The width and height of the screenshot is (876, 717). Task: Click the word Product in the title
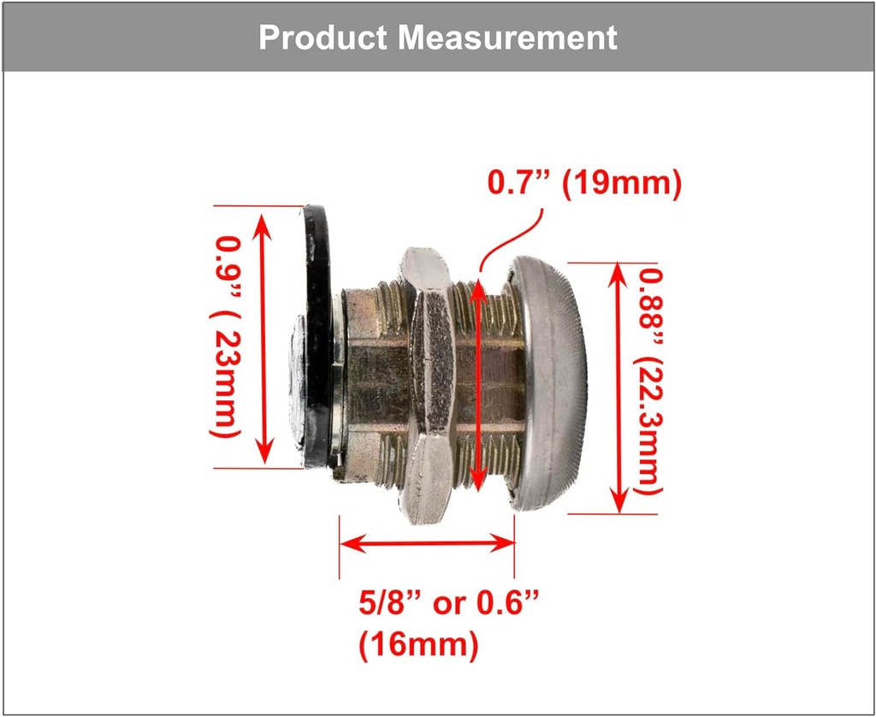tap(323, 38)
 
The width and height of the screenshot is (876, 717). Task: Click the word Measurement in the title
tap(508, 38)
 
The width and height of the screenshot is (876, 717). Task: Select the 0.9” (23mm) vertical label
tap(225, 336)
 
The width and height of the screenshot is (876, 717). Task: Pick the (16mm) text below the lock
tap(418, 645)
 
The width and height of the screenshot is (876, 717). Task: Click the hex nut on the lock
tap(428, 386)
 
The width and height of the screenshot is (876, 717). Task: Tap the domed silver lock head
tap(547, 383)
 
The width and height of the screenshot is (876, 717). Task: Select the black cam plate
tap(318, 335)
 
